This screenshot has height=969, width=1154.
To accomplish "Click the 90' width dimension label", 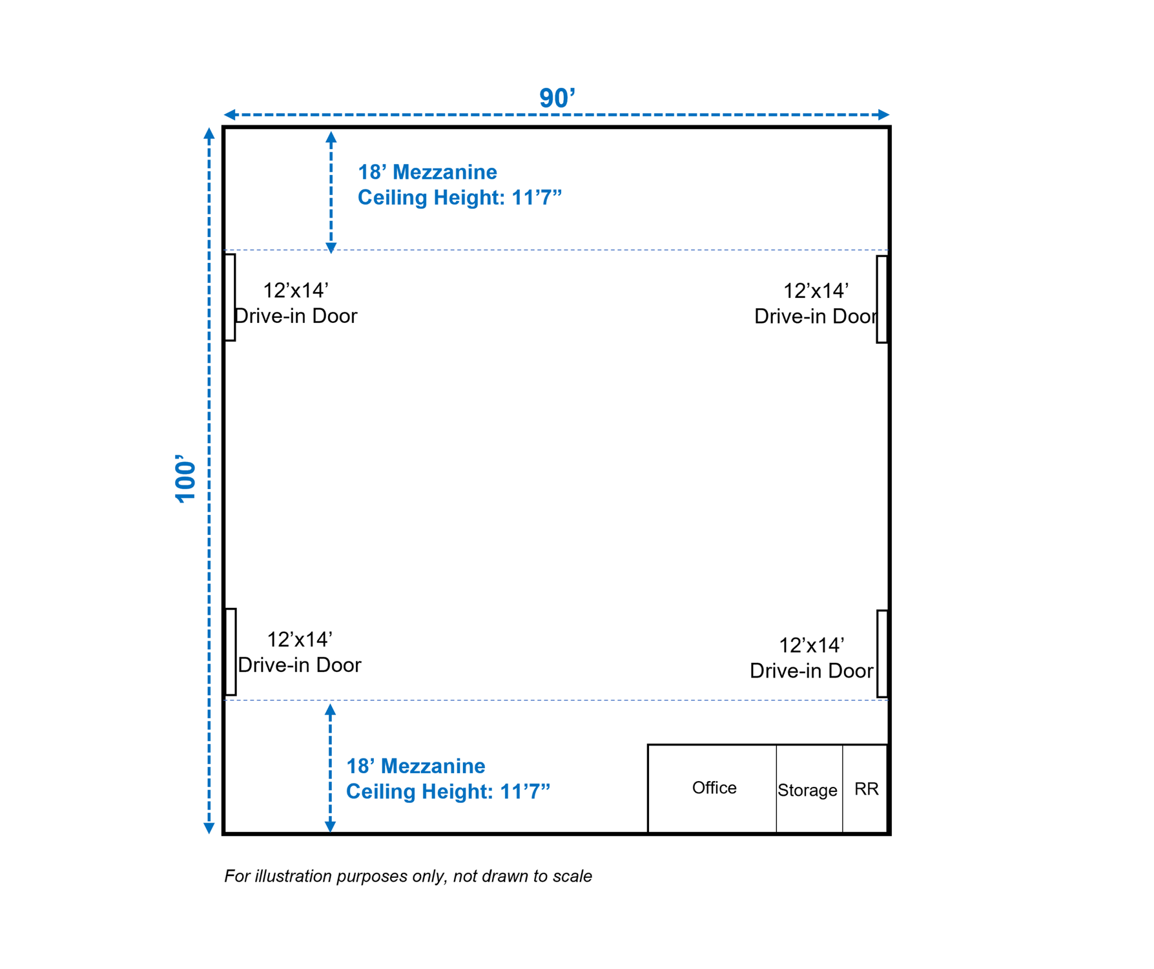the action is click(x=557, y=98).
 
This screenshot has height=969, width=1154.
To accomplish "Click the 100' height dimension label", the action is click(x=185, y=479).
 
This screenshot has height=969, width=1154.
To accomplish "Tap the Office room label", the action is click(x=714, y=787).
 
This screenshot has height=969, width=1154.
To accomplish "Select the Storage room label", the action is click(x=807, y=790).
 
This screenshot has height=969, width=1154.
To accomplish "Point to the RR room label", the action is click(x=866, y=789).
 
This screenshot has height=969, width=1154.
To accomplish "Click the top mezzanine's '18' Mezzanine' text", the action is click(x=428, y=172).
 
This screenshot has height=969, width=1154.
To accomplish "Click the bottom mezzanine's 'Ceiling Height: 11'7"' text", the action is click(x=448, y=791).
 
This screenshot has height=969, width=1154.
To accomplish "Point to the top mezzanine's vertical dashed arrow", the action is click(x=331, y=192).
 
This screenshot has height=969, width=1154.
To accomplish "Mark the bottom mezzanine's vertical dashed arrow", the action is click(x=330, y=768).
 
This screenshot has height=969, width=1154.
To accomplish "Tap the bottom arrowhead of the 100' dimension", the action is click(x=209, y=828).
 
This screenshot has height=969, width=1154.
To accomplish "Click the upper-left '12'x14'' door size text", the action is click(x=296, y=291).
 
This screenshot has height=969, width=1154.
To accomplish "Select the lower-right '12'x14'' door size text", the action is click(x=812, y=645).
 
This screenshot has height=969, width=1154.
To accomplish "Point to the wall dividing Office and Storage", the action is click(x=776, y=789).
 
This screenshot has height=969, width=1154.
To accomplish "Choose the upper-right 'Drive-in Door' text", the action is click(x=816, y=316).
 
